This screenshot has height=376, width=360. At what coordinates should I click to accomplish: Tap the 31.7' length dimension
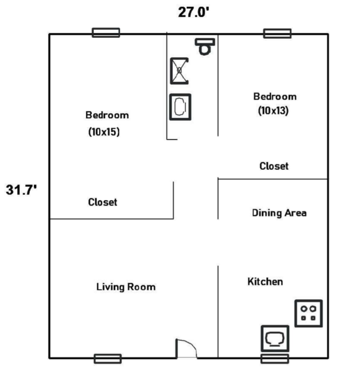tap(22, 190)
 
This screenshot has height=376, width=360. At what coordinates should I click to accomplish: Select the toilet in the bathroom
tap(205, 46)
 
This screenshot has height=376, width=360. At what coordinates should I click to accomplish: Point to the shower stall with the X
tap(179, 71)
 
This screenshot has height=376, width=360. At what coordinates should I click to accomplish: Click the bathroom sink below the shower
tap(180, 107)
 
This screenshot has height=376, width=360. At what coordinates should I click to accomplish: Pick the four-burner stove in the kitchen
tap(308, 313)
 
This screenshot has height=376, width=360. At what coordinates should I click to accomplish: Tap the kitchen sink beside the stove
tap(275, 339)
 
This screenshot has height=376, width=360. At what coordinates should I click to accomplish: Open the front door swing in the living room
tap(187, 348)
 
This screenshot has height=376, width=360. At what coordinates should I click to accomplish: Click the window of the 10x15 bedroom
tap(106, 32)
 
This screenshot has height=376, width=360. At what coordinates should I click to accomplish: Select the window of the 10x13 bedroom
tap(277, 33)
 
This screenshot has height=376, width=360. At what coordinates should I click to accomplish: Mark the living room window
tap(108, 359)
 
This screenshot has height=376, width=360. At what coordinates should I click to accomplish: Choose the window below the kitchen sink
tap(275, 359)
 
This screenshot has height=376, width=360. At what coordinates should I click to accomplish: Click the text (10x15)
tap(104, 132)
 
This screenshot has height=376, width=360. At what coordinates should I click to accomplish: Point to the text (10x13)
tap(273, 111)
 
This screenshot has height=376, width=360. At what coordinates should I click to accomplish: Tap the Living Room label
tap(126, 287)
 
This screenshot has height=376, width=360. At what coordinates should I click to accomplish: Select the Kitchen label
tap(265, 282)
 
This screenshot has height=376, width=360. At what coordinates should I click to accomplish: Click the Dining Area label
tap(279, 213)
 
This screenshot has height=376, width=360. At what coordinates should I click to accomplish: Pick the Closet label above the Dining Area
tap(274, 166)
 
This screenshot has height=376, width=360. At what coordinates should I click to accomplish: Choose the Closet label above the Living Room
tap(103, 202)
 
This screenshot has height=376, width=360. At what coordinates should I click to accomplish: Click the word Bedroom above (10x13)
tap(275, 97)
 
